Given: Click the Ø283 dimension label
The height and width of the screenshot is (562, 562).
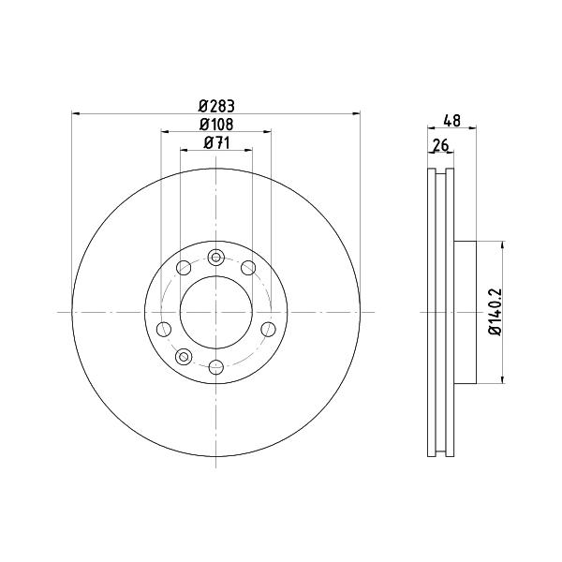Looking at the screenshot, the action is click(x=216, y=106).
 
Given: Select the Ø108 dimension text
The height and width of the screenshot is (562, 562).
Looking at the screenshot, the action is click(x=216, y=125).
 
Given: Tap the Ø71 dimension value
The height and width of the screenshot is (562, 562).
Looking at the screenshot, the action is click(x=216, y=143).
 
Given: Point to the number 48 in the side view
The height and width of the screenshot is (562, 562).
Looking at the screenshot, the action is click(x=452, y=121).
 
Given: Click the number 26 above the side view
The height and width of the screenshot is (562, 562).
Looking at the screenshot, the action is click(x=441, y=146).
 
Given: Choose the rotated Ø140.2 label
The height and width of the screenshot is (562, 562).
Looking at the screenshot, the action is click(x=495, y=312).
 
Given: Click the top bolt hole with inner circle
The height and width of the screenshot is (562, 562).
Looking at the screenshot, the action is click(x=215, y=258).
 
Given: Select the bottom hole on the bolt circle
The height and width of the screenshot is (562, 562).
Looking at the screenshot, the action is click(x=216, y=367).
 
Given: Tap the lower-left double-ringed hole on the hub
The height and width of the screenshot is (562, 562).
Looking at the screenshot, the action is click(x=184, y=357).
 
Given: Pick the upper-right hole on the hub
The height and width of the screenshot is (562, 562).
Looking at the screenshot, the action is click(x=248, y=268).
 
